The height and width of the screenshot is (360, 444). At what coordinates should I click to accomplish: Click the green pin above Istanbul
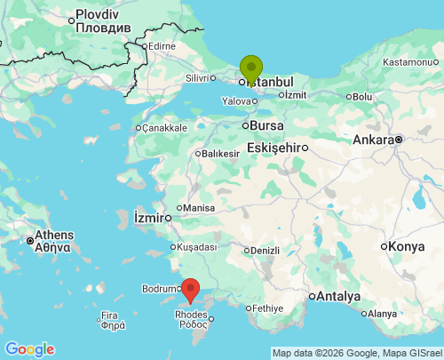(251, 68)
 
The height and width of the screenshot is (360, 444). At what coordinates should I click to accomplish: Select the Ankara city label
(373, 140)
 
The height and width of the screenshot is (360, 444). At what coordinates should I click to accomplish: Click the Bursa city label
(266, 125)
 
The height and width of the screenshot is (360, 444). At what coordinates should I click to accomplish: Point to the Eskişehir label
(276, 147)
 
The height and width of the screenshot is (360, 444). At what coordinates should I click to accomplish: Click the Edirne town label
(162, 46)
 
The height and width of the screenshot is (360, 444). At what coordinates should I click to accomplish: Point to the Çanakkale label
(163, 128)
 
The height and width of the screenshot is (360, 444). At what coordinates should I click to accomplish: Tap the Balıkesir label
(221, 154)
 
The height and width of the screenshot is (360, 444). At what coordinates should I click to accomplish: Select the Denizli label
(265, 250)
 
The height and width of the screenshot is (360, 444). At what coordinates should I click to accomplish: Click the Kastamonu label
(411, 62)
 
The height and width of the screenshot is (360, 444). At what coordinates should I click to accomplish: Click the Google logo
(28, 349)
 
